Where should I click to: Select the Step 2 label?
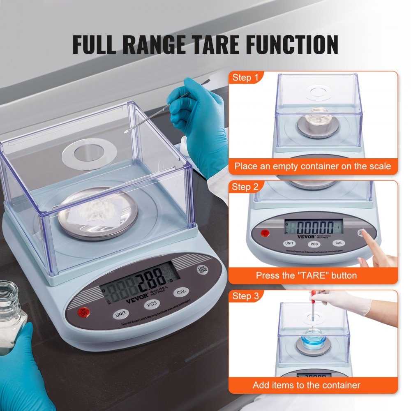[245, 187]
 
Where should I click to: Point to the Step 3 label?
[245, 296]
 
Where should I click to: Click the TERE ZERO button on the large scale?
[202, 269]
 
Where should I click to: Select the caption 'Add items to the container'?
[306, 385]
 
